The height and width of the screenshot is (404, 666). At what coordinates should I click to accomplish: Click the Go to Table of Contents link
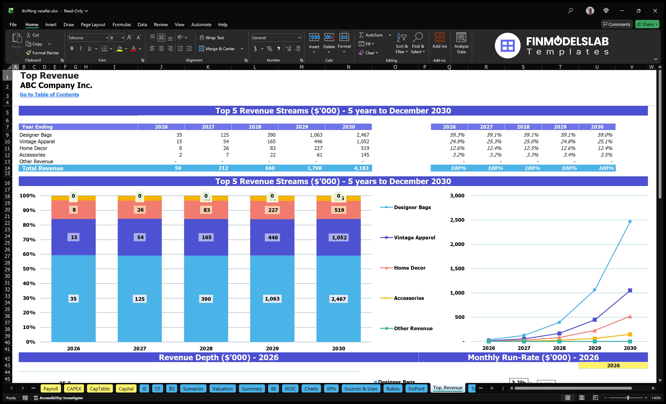[x=49, y=94]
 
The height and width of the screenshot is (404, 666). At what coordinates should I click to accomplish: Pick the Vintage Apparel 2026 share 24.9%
[x=457, y=141]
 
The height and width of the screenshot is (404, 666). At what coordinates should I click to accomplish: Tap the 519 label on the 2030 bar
[x=339, y=210]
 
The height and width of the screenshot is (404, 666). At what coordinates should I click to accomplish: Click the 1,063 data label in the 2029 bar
[x=272, y=299]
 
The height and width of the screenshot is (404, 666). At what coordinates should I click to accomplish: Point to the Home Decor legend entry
[x=409, y=268]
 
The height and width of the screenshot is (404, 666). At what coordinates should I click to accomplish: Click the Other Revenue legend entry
[x=413, y=328]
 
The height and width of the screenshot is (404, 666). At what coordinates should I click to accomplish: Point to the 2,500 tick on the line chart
[x=457, y=220]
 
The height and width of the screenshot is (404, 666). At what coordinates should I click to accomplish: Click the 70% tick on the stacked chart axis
[x=29, y=240]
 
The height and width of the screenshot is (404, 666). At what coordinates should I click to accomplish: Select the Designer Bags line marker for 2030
[x=630, y=221]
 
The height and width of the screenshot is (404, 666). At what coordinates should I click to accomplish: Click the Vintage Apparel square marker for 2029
[x=595, y=320]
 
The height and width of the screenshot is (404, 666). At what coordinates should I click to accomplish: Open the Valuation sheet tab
[x=222, y=389]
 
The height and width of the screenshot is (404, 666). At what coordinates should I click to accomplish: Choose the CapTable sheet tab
[x=99, y=389]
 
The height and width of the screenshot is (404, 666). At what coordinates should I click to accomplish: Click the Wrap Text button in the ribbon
[x=212, y=38]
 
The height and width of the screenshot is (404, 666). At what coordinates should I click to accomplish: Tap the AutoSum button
[x=371, y=35]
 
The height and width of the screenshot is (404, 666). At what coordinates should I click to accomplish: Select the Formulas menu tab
[x=122, y=25]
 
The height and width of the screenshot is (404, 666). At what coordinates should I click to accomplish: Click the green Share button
[x=647, y=24]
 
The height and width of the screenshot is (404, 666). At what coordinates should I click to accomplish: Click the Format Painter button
[x=42, y=53]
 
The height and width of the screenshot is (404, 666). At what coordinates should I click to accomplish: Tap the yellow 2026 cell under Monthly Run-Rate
[x=613, y=365]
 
